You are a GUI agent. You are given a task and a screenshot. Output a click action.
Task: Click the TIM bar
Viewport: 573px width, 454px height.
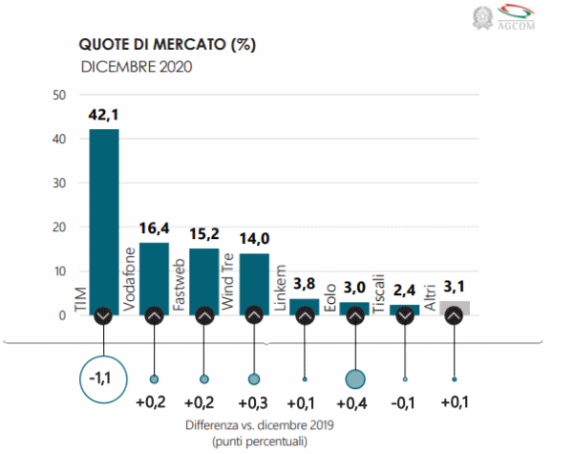tap(103, 220)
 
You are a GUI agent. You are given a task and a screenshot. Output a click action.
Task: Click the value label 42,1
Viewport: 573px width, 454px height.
tap(103, 115)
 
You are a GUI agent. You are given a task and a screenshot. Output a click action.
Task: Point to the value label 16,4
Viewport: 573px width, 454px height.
tap(154, 228)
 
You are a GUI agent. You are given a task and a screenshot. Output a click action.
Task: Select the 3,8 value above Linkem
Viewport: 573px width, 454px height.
tap(304, 284)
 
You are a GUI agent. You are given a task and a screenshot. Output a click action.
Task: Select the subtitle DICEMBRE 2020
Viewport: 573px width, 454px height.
tap(137, 66)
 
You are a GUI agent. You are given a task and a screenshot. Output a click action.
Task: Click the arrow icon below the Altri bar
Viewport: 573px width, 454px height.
tap(454, 314)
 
